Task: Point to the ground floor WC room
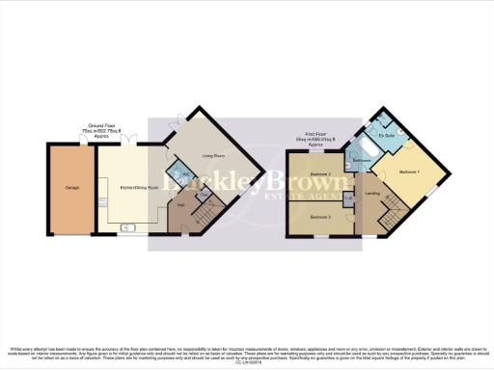coord(186,175)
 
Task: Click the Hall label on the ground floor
coord(180,204)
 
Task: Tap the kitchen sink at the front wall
coord(128,228)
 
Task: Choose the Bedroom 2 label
coord(320,174)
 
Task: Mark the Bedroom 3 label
coord(320,217)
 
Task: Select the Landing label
coord(372,193)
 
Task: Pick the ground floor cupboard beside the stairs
coord(203,196)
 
